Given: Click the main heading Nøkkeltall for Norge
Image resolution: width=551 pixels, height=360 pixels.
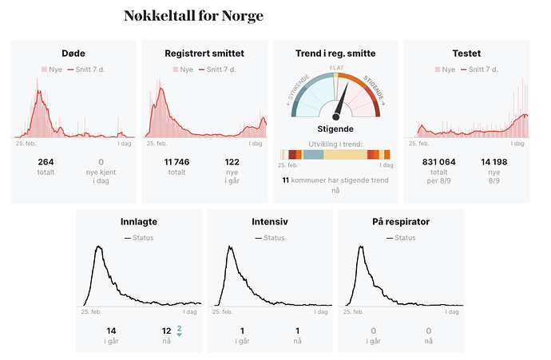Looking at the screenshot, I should pyautogui.click(x=193, y=16).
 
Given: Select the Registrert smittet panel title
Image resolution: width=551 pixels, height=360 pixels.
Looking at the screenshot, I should pyautogui.click(x=204, y=53).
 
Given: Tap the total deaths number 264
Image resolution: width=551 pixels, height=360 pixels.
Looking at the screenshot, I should pyautogui.click(x=46, y=162).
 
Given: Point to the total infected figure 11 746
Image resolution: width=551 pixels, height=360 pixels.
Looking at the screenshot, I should pyautogui.click(x=176, y=162).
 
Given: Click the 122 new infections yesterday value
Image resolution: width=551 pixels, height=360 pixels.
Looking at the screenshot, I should pyautogui.click(x=232, y=162).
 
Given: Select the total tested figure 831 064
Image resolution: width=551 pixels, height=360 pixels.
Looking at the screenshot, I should pyautogui.click(x=438, y=162).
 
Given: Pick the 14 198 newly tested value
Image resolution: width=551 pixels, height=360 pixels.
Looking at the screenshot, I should pyautogui.click(x=494, y=162).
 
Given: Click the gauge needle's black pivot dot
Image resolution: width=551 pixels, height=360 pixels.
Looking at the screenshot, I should pyautogui.click(x=336, y=117).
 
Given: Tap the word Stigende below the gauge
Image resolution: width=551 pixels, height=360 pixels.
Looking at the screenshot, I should pyautogui.click(x=336, y=128).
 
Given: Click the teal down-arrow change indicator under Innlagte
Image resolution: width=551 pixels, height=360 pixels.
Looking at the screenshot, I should pyautogui.click(x=180, y=334).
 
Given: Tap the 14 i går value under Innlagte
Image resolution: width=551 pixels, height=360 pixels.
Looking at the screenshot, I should pyautogui.click(x=111, y=330).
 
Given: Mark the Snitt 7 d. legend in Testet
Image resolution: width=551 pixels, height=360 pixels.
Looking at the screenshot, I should pyautogui.click(x=481, y=69).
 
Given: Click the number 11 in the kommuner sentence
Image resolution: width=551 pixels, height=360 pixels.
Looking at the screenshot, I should pyautogui.click(x=285, y=180).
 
